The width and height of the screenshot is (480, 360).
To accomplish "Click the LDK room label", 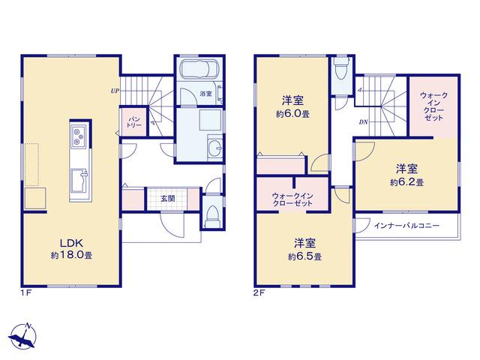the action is pos(71,243).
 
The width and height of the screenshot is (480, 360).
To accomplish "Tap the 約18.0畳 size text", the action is pos(72,255).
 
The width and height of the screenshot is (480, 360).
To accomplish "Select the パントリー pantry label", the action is pos(133,122).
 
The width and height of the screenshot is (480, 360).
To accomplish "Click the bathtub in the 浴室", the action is pos(199,69).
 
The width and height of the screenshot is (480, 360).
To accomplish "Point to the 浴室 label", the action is pos(205,94).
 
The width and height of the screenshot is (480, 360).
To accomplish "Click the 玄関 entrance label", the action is pos(168,199).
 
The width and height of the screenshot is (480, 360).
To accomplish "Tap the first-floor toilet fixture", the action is pos(212,215).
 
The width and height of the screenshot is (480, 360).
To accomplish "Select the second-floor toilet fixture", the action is pos(342,68).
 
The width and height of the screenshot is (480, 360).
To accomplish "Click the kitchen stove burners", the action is pos(78,136).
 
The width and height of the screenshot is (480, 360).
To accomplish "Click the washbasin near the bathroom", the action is pos(215,148).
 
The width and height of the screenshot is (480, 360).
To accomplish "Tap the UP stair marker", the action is pos(115,91).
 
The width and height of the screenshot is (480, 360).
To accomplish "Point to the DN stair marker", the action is pos(363,122).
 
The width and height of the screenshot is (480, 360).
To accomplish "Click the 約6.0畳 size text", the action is pos(292,114).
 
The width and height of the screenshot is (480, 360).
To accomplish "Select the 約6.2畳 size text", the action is pos(406,182).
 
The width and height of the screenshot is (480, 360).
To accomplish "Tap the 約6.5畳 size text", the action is pos(304,256).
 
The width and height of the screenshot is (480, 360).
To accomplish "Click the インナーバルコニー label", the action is pos(406,226).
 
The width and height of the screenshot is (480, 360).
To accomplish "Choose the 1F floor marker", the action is pos(26,293).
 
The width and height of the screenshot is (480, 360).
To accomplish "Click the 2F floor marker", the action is pos(259,293).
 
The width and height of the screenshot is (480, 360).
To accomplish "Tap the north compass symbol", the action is pos(23,337).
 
